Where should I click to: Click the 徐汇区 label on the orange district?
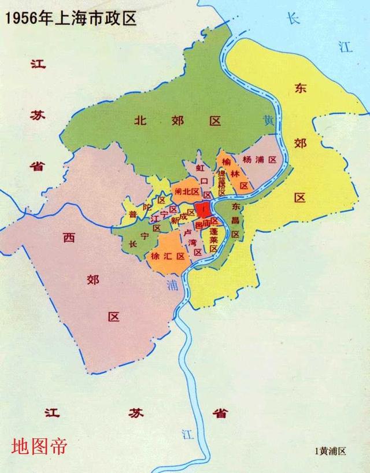(x=167, y=256)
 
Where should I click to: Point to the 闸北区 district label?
(x=187, y=191)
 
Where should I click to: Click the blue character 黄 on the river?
(x=268, y=121)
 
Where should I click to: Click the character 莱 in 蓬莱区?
(x=213, y=239)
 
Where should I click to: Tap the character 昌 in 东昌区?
(x=235, y=220)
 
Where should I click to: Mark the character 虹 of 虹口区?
(x=201, y=168)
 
